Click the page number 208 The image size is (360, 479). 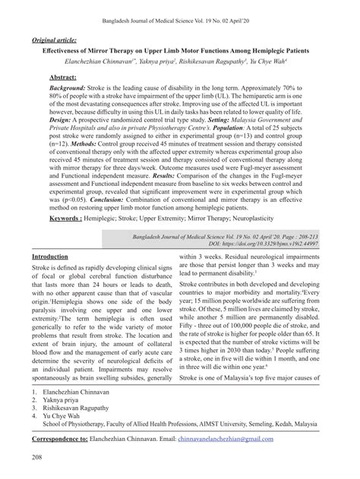pos(37,456)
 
